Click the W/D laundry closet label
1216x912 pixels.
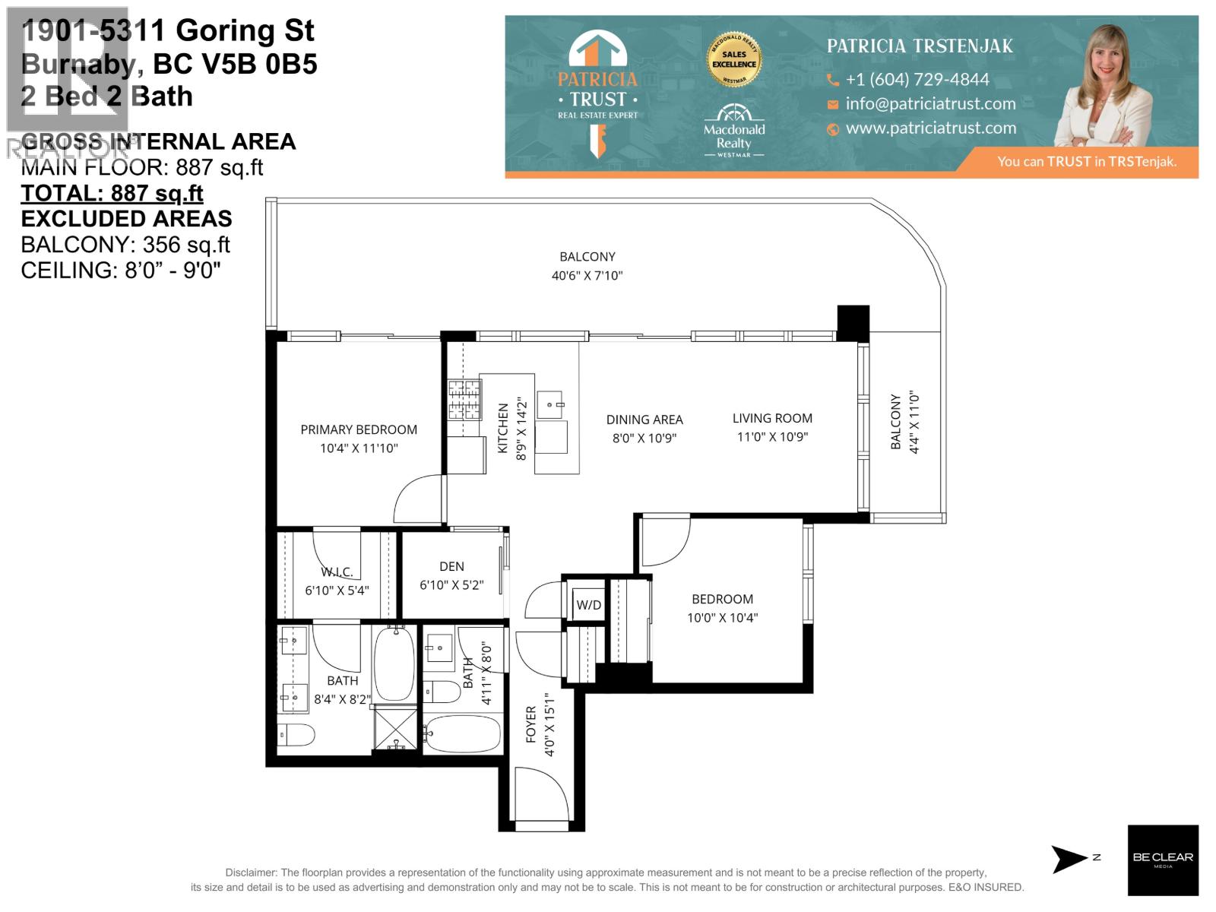[588, 605]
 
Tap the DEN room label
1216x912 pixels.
[451, 566]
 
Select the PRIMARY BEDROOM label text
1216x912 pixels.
[359, 429]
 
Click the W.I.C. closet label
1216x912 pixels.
[337, 572]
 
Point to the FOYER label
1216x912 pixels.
[531, 724]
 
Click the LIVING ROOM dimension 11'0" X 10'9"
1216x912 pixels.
[772, 437]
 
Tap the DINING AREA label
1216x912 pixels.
[644, 420]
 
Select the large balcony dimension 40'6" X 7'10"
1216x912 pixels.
[587, 276]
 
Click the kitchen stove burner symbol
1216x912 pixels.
[464, 400]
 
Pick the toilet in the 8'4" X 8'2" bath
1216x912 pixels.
[296, 735]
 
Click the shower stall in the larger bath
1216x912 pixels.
[395, 728]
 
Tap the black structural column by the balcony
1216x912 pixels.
[853, 323]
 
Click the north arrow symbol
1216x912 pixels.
[1069, 859]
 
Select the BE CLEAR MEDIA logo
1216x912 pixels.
[1162, 860]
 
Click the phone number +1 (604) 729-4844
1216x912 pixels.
[917, 80]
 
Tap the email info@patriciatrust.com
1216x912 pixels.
[930, 104]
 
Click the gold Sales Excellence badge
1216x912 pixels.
[734, 59]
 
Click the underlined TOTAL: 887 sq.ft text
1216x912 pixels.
[112, 193]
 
